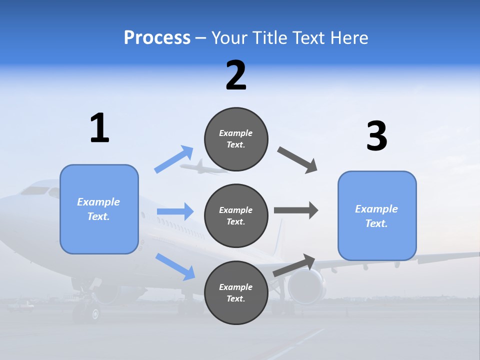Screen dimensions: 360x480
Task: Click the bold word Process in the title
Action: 157,37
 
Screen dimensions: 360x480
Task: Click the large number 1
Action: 99,128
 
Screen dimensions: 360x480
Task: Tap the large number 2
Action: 236,75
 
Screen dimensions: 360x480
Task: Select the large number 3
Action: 376,136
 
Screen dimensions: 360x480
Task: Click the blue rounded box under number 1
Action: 99,209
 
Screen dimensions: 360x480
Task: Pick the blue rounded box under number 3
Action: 377,216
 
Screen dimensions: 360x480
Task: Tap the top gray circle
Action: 236,139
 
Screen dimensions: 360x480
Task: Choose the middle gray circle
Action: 236,215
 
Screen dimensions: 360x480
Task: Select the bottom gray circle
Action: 236,292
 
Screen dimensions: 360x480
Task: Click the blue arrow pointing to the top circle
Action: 174,159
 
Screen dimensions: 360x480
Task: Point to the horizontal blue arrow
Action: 175,211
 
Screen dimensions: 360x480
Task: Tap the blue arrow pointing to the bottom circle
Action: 175,266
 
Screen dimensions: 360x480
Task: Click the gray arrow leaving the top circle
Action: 297,160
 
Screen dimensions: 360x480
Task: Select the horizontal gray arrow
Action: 296,210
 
